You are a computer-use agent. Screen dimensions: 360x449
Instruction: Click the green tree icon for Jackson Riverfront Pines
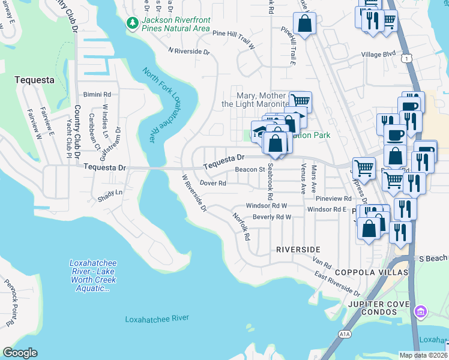click(x=131, y=23)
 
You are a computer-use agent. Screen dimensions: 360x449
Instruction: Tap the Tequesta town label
click(x=34, y=79)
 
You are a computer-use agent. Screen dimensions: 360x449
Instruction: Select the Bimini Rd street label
click(x=97, y=95)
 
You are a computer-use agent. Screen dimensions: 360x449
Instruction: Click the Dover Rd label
click(x=212, y=183)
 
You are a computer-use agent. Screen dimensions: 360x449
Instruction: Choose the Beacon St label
click(x=250, y=170)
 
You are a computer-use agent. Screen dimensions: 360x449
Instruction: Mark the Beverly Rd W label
click(x=272, y=217)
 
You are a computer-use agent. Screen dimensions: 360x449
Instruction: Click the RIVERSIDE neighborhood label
click(x=298, y=249)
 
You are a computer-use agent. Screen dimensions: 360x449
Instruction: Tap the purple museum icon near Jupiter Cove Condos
click(x=421, y=311)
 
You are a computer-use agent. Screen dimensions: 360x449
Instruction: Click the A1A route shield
click(x=344, y=334)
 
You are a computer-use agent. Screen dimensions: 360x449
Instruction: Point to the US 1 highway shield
click(x=408, y=58)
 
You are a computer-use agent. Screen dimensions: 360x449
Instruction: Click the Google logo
click(x=20, y=353)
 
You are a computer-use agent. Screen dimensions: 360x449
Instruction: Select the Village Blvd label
click(x=378, y=54)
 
